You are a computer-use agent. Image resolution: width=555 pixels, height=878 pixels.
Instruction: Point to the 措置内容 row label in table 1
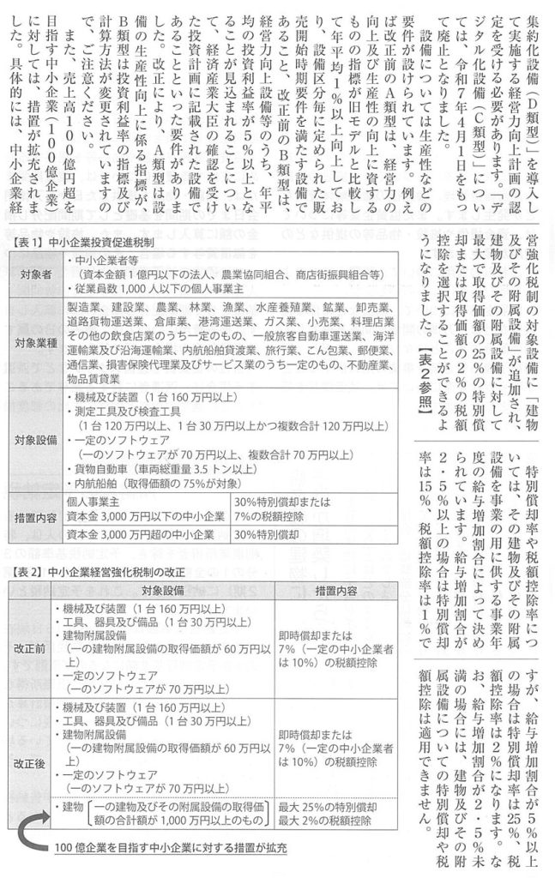tap(35, 518)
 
